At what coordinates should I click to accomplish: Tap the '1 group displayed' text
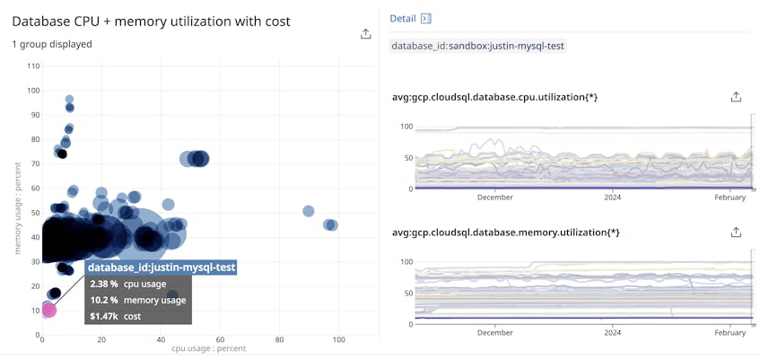coord(52,44)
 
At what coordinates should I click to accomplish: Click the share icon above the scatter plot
coord(365,34)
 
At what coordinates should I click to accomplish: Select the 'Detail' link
coord(402,18)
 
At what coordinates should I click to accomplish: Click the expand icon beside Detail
coord(426,18)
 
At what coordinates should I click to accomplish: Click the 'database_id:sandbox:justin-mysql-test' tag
coord(478,45)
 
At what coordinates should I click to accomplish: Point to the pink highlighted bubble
coord(48,310)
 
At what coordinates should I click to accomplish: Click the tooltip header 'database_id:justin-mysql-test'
coord(162,267)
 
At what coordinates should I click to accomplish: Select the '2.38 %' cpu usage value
coord(104,284)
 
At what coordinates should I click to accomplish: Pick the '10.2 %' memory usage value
coord(104,300)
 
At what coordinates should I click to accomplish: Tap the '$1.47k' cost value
coord(105,316)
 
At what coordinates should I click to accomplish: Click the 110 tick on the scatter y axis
coord(34,66)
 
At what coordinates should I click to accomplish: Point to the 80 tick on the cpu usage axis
coord(279,339)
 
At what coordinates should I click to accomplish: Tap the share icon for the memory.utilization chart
coord(736,232)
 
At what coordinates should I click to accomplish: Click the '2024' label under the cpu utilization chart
coord(612,197)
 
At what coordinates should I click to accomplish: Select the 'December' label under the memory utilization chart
coord(495,332)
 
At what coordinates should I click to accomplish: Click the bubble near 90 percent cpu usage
coord(308,211)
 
